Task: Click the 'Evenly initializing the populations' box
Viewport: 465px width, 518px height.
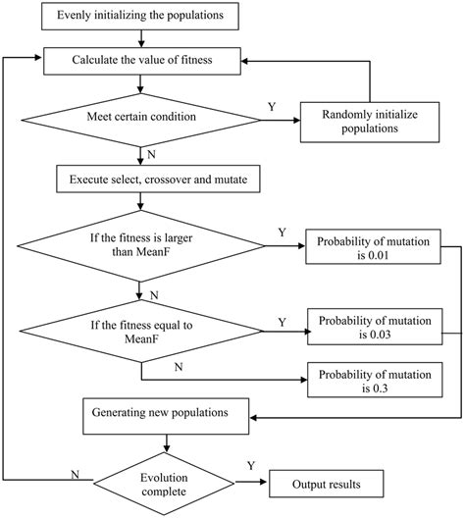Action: click(x=142, y=17)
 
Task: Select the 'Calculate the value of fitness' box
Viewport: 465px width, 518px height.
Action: click(x=142, y=60)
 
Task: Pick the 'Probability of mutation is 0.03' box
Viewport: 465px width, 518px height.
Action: click(x=373, y=328)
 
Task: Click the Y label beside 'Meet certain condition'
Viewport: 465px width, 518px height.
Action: click(x=271, y=106)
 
